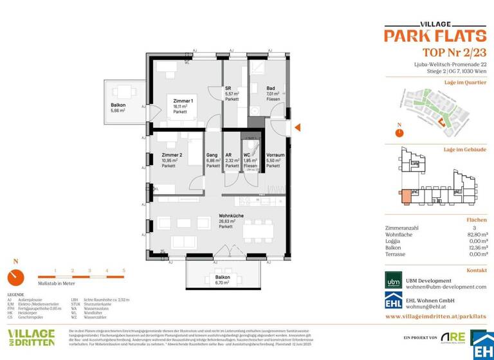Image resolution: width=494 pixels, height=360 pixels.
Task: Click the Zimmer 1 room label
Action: [x=183, y=101]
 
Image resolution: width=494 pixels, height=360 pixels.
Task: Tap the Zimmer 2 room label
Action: [x=172, y=155]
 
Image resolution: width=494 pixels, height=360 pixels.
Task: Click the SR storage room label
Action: [x=228, y=88]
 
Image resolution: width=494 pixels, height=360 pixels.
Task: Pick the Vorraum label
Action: [x=275, y=155]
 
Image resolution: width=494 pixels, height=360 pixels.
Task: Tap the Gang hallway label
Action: [x=212, y=155]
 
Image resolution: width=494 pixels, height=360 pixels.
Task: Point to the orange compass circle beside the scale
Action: [x=16, y=278]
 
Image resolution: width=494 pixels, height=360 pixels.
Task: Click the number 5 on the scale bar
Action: [x=123, y=271]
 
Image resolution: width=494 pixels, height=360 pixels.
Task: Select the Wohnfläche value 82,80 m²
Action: [x=475, y=236]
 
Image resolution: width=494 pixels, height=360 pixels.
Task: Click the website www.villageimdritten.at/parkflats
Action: [x=435, y=317]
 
